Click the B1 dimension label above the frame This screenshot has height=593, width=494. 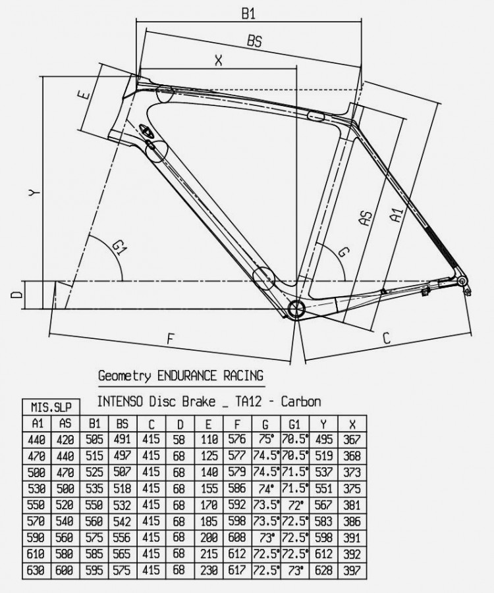248,14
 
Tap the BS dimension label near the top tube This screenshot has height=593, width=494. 254,41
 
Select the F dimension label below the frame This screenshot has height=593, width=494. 171,338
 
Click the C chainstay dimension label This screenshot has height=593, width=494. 386,338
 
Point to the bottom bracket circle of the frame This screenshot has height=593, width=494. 296,309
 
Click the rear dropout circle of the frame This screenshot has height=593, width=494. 462,281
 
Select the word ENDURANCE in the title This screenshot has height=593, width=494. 187,376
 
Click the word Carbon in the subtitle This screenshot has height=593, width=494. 301,401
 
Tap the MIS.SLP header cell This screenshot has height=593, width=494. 51,407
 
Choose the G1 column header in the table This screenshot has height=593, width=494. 295,424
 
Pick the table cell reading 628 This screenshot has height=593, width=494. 323,571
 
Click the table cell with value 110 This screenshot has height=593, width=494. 209,440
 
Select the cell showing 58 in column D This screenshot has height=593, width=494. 180,440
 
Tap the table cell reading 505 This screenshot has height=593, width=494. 94,440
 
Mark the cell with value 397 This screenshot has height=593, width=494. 352,571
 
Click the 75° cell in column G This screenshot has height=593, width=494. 266,440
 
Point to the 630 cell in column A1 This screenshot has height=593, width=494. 36,571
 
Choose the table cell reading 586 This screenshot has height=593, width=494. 237,488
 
